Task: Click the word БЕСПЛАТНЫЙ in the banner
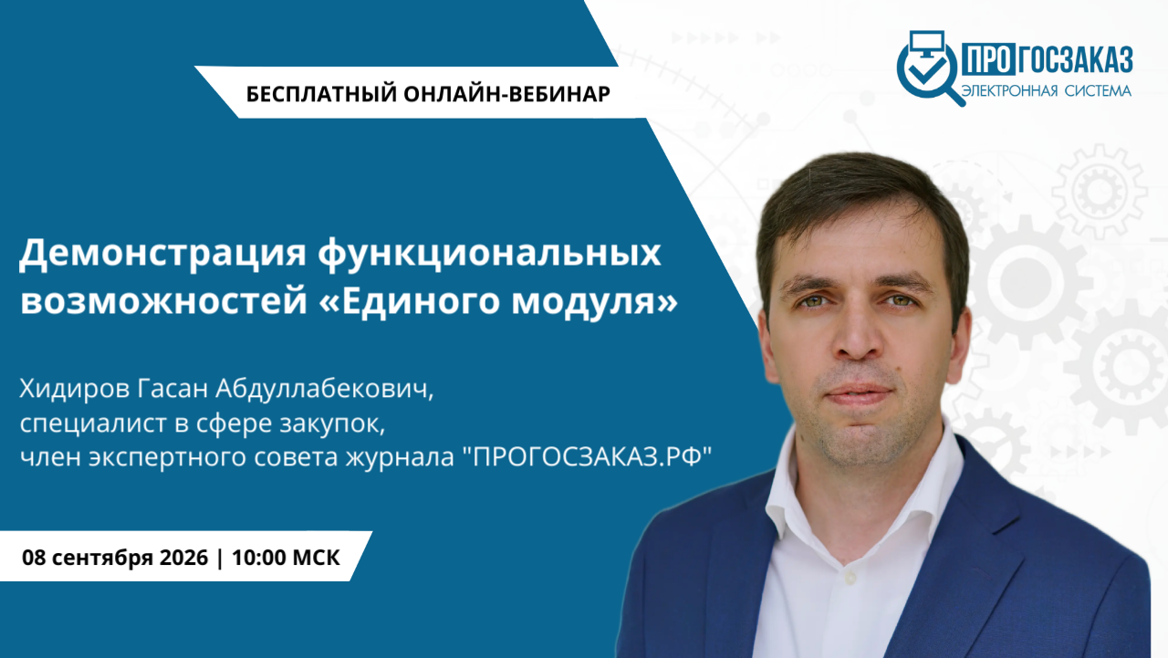pos(321,94)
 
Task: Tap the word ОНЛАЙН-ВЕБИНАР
pos(506,94)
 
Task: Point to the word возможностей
pos(163,301)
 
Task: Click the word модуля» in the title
pos(594,301)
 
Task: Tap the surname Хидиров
pos(75,389)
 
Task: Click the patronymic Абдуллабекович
pos(324,389)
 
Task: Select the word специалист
pos(93,423)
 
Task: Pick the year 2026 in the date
pos(183,558)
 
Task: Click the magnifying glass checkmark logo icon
pos(930,68)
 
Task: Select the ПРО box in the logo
pos(988,59)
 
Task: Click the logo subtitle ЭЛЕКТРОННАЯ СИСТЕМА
pos(1046,91)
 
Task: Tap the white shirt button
pos(850,577)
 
